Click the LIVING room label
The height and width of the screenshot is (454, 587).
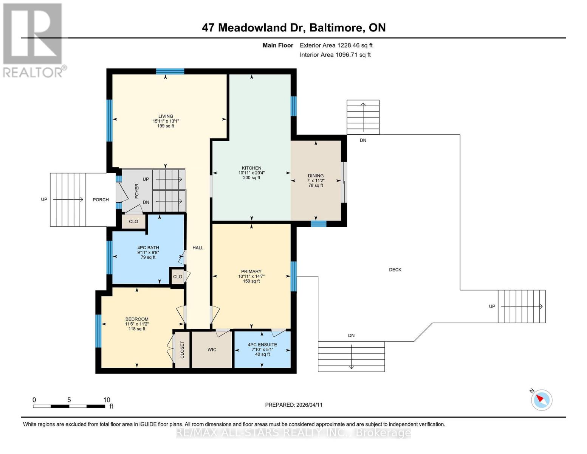(166, 116)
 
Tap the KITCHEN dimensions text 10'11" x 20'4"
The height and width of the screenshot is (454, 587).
(251, 173)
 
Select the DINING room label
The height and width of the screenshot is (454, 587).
(316, 176)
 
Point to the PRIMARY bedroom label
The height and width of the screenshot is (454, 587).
(251, 271)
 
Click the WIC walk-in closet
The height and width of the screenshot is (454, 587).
(212, 350)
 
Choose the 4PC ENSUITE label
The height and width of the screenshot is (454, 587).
(262, 345)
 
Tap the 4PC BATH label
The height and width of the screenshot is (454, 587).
(148, 248)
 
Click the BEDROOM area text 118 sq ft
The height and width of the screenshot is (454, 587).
(137, 329)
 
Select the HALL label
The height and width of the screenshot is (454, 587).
(198, 248)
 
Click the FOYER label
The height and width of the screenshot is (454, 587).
(137, 191)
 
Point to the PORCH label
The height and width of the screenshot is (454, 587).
(101, 200)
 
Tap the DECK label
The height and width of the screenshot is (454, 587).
(395, 270)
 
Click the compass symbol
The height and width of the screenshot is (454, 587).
(542, 400)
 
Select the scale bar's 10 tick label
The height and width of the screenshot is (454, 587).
(107, 400)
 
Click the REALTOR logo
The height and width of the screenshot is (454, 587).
(33, 40)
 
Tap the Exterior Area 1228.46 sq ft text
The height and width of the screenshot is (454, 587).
(336, 45)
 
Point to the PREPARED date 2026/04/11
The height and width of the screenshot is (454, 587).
(294, 405)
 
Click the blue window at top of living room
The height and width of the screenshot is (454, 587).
(170, 72)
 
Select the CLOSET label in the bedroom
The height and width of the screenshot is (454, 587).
(182, 350)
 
